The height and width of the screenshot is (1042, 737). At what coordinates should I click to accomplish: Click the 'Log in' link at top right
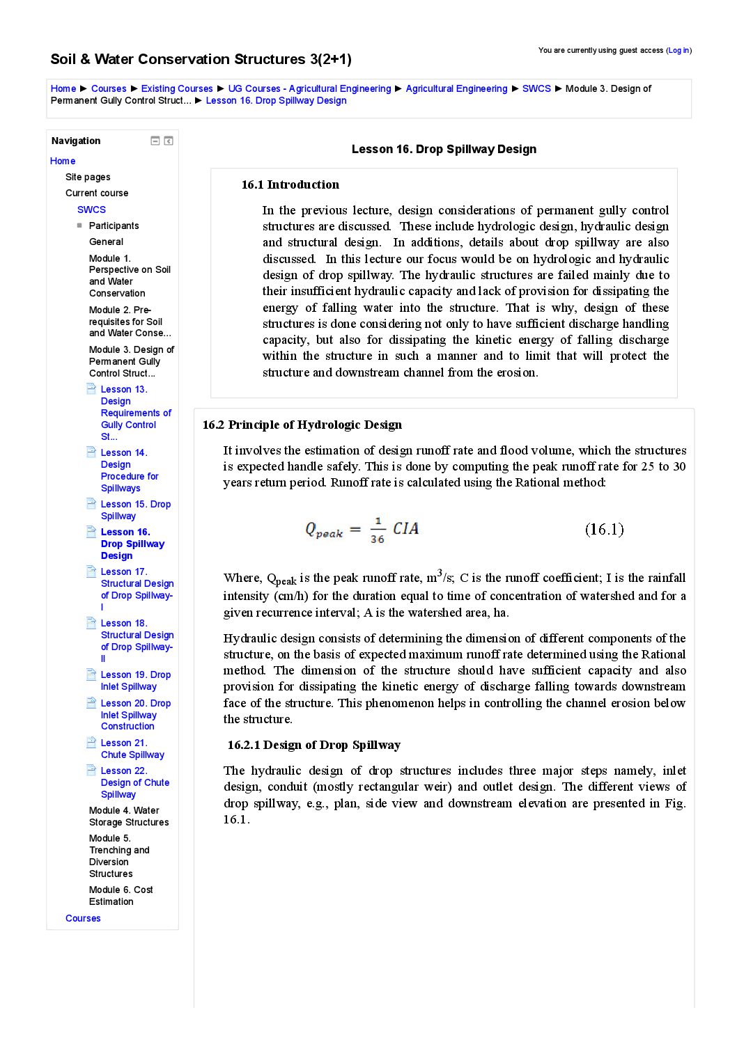tap(678, 50)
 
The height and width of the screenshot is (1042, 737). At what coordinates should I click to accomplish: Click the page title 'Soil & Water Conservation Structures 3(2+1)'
tap(201, 59)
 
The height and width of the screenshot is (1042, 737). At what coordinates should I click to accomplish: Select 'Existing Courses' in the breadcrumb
tap(177, 88)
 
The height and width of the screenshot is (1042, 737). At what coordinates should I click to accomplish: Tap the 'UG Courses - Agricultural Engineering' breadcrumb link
tap(309, 88)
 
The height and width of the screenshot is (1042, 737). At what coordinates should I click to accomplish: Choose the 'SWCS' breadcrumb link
tap(536, 88)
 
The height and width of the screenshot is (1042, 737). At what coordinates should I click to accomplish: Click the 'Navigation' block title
tap(76, 141)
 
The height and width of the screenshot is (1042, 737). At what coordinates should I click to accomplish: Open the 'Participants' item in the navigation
tap(114, 226)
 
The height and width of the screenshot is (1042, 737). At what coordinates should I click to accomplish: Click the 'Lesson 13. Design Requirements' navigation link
tap(135, 413)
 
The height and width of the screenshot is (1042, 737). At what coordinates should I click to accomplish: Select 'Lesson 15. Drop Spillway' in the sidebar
tap(135, 510)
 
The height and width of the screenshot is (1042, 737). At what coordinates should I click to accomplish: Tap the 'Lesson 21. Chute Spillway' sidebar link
tap(132, 748)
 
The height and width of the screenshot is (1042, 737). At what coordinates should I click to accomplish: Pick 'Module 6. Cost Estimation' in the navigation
tap(121, 895)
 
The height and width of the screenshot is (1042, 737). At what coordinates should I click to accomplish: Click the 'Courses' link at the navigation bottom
tap(83, 918)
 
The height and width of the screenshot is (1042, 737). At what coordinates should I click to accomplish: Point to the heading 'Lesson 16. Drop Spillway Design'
tap(444, 149)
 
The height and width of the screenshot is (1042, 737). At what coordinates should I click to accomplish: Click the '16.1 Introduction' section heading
tap(290, 184)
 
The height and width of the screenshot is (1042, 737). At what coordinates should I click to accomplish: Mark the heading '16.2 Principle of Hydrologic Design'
tap(302, 425)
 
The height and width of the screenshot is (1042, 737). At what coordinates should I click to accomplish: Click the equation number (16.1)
tap(604, 529)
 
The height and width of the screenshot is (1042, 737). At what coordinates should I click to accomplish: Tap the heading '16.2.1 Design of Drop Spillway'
tap(314, 745)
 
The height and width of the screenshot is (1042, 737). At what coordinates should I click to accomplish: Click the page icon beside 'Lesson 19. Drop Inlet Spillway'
tap(91, 674)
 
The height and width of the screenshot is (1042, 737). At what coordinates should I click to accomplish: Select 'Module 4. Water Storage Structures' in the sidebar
tap(129, 816)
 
